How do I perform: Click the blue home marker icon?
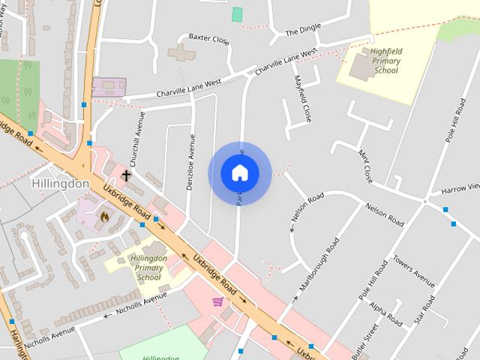239,172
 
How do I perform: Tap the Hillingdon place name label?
61,184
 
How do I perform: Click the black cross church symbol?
126,175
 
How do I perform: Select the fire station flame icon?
104,216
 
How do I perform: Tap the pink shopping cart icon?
217,301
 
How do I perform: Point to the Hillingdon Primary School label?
148,268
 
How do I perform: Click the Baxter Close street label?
208,37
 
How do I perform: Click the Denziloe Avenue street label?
192,157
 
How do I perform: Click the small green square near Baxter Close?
238,14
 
